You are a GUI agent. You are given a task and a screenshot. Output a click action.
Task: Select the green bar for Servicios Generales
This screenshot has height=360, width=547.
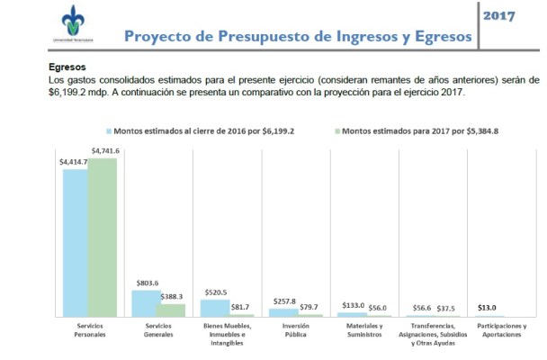[x=171, y=310]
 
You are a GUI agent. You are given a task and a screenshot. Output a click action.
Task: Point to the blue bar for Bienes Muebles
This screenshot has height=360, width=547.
[x=214, y=307]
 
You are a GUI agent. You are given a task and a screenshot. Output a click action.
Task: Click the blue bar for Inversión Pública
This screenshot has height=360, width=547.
[x=283, y=311]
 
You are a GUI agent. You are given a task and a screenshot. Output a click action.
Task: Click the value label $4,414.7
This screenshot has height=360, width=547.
[x=75, y=162]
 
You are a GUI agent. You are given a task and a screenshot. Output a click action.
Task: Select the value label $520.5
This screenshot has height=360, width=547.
[x=214, y=292]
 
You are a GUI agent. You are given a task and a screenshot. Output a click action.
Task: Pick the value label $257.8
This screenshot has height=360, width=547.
[x=284, y=301]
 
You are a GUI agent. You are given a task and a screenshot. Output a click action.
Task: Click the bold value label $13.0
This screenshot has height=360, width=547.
[x=487, y=307]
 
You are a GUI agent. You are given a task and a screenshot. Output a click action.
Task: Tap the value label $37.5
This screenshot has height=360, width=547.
[x=445, y=307]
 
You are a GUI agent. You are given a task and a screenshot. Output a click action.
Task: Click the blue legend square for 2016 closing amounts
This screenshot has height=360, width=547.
[x=109, y=130]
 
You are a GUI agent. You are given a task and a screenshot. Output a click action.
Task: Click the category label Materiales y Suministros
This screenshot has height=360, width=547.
[x=364, y=329]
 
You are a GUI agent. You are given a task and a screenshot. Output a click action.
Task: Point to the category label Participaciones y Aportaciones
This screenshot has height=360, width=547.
[x=502, y=329]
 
